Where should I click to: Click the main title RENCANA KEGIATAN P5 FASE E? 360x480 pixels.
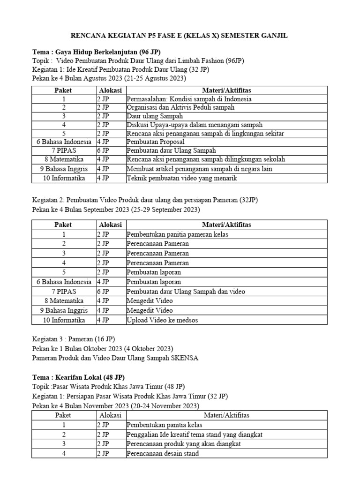tap(180, 36)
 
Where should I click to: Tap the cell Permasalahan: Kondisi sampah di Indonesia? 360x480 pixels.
tap(189, 99)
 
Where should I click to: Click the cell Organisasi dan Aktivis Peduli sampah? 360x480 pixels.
tap(180, 107)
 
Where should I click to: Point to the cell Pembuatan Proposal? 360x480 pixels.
tap(155, 142)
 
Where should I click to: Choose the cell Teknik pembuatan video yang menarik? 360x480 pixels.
tap(182, 178)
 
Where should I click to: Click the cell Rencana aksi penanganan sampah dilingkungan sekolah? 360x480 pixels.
tap(205, 159)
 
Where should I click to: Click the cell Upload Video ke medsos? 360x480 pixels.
tap(162, 320)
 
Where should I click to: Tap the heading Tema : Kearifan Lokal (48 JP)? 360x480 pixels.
tap(78, 377)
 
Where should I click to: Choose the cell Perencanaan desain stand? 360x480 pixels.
tap(163, 453)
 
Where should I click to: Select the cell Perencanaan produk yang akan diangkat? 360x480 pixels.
tap(183, 444)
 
